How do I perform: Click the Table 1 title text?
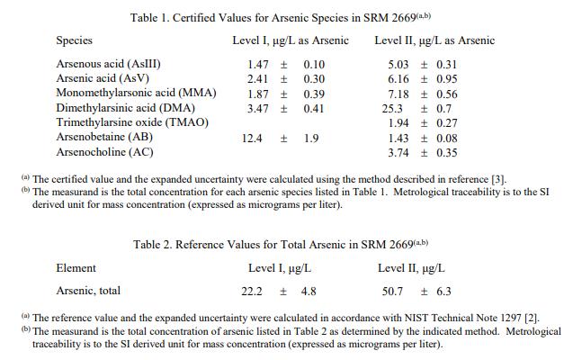coord(286,17)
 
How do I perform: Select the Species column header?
coord(74,40)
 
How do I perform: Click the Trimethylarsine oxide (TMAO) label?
coord(132,122)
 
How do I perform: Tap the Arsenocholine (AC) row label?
coord(104,152)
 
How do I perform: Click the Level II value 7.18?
coord(398,94)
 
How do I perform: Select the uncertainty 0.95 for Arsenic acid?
coord(446,79)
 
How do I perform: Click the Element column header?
coord(76,268)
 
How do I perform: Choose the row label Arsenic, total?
coord(88,291)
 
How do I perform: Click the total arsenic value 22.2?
coord(252,291)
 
